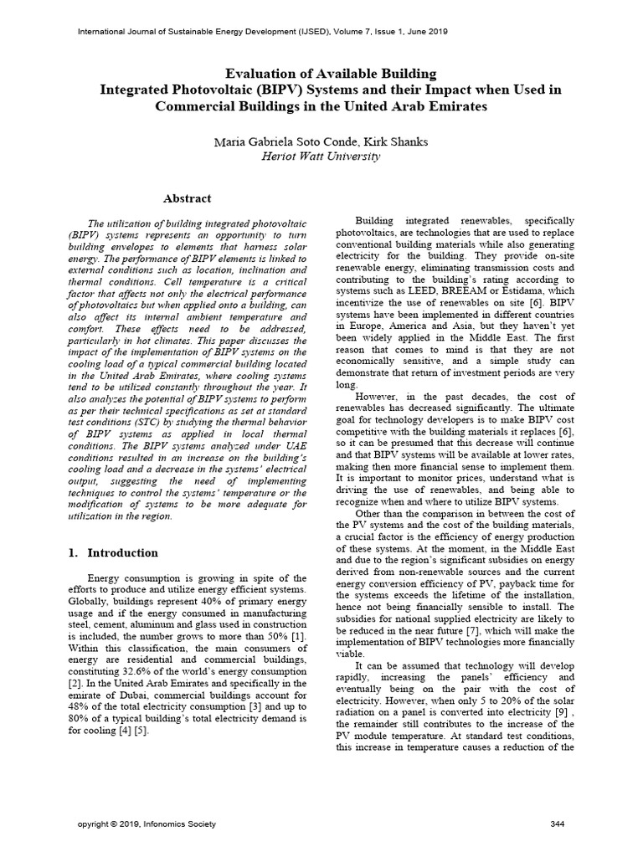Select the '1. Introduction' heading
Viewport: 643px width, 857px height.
112,553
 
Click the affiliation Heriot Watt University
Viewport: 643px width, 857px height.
321,156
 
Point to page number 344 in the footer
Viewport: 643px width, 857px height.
558,824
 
